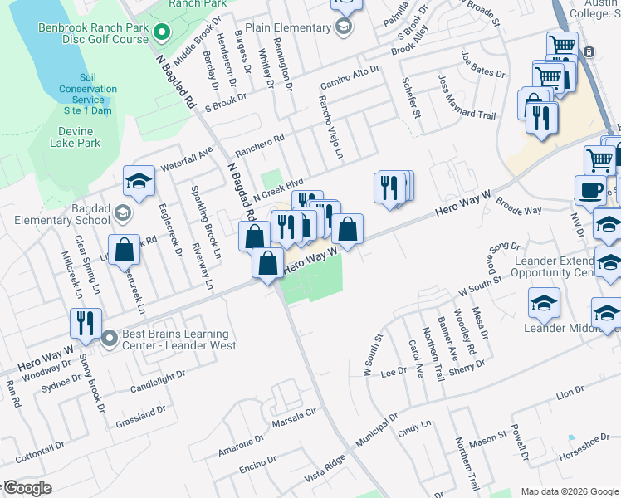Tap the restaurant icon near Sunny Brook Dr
(x=86, y=324)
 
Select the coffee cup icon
(x=590, y=189)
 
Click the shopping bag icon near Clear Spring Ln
(x=124, y=249)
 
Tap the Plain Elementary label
(x=288, y=27)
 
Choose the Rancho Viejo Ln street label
(x=336, y=129)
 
